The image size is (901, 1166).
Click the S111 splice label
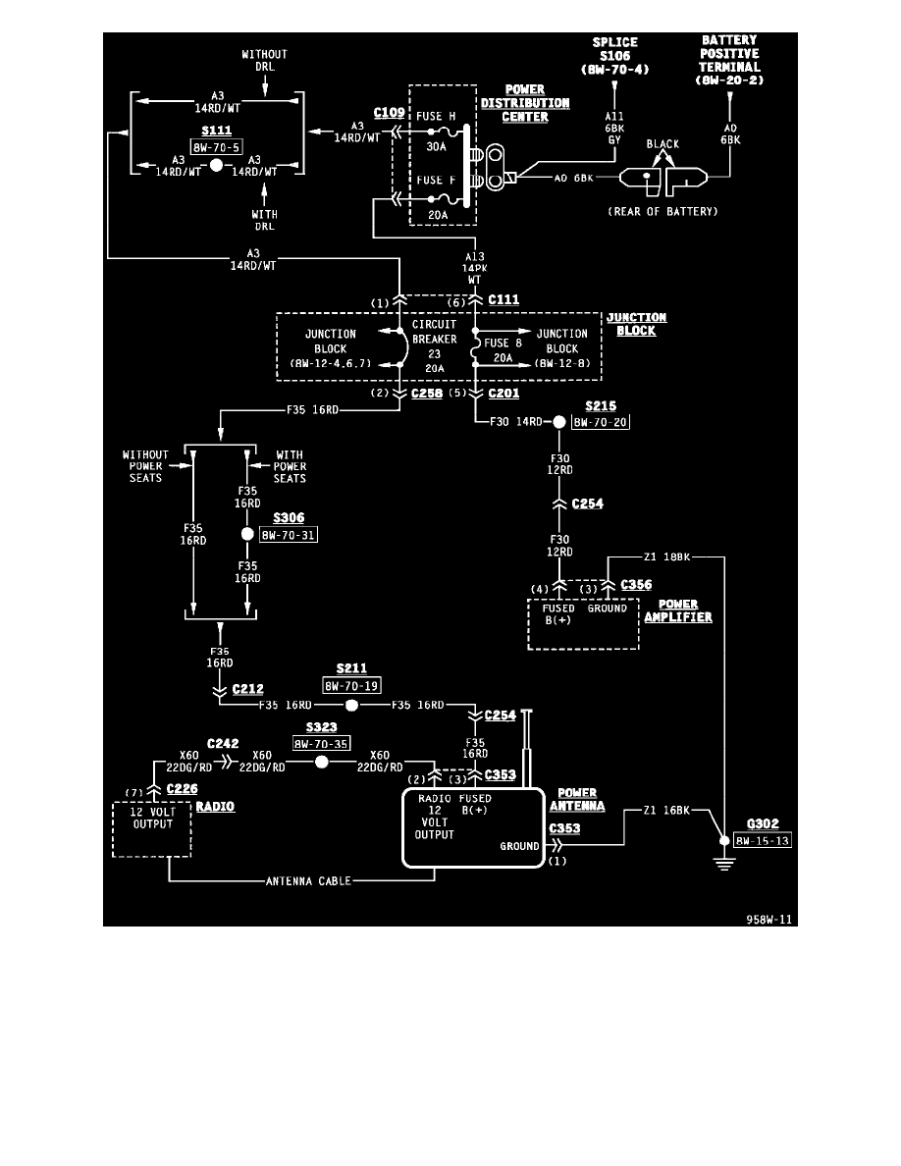(215, 131)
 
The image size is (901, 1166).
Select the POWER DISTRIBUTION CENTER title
(524, 103)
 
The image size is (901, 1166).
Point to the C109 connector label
(389, 113)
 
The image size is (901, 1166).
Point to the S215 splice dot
(558, 422)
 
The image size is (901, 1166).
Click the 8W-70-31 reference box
(289, 535)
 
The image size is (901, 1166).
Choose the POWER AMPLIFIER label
(677, 610)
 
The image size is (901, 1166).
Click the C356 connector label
(636, 585)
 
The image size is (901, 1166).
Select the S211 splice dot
(351, 706)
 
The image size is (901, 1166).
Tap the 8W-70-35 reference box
(321, 744)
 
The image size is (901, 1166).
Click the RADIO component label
(215, 806)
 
